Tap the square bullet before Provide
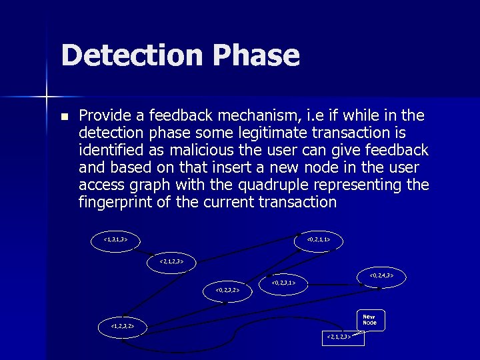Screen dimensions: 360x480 click(64, 116)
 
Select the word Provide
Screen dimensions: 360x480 click(111, 115)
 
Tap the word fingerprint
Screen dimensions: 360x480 click(115, 202)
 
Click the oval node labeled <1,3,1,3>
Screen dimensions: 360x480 click(115, 239)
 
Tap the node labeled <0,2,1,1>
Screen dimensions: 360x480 click(319, 239)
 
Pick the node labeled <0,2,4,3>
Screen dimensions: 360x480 click(381, 275)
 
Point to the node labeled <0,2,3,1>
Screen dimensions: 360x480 click(284, 283)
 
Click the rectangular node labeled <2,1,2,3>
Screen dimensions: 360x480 click(343, 338)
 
